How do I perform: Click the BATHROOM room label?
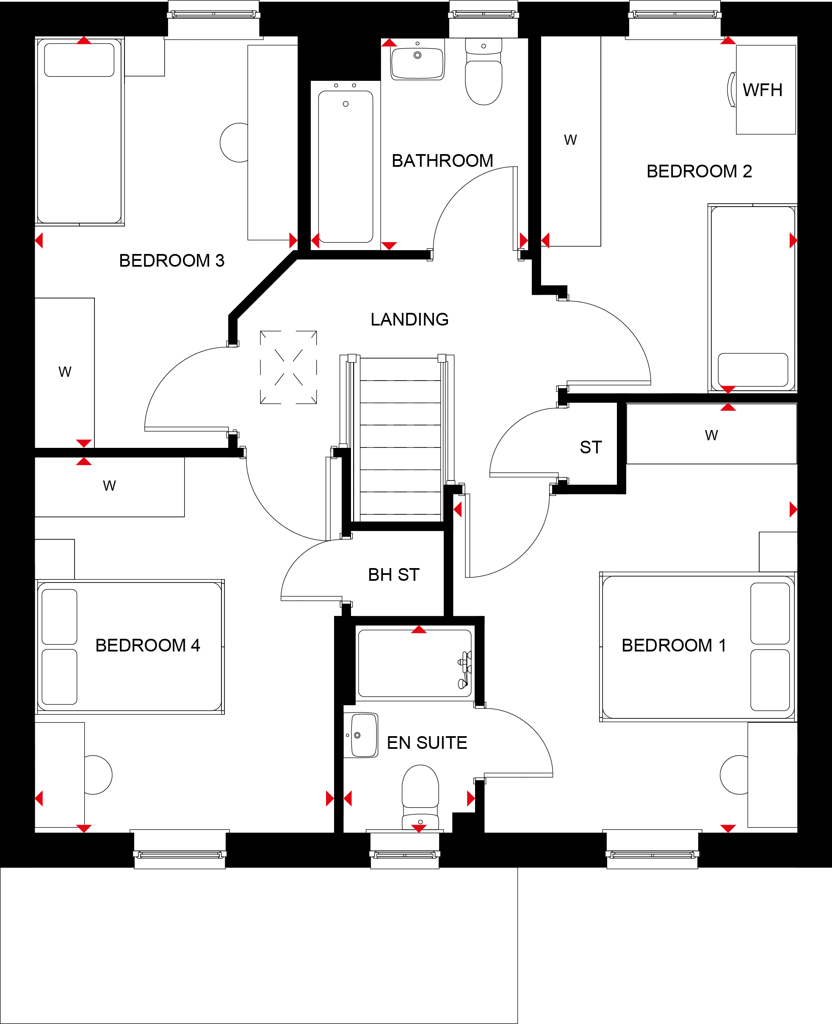point(442,160)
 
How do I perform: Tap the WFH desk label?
point(763,90)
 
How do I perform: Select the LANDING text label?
point(409,319)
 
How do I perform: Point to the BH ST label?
point(393,574)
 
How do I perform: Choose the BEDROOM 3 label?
point(171,261)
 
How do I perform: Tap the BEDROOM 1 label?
point(674,646)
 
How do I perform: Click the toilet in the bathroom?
point(484,72)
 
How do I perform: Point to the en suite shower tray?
point(415,663)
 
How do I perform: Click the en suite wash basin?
point(361,735)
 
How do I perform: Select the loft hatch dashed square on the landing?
point(288,367)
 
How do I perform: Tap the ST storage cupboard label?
point(591,447)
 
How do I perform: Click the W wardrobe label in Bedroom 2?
point(570,140)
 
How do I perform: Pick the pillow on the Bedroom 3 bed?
point(79,60)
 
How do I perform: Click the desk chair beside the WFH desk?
point(732,90)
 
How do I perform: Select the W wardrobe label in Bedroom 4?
point(109,486)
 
